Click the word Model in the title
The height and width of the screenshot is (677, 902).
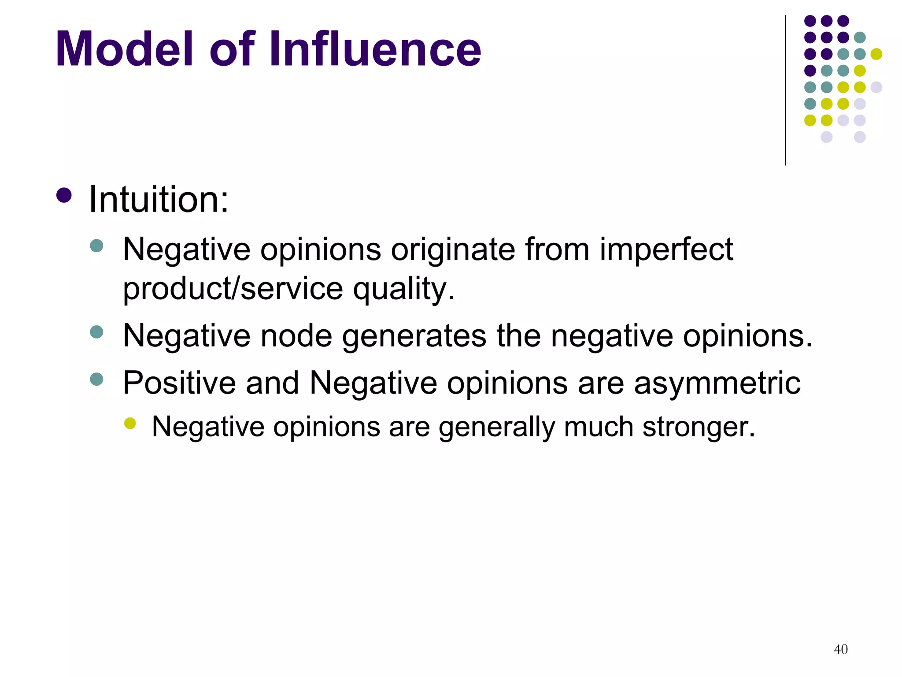click(x=124, y=49)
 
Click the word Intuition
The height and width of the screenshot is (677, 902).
click(x=159, y=200)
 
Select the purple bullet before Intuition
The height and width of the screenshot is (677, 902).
click(x=64, y=195)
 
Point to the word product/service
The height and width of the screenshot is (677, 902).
click(x=233, y=289)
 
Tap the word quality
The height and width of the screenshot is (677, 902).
click(x=403, y=290)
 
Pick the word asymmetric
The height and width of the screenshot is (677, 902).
click(x=717, y=383)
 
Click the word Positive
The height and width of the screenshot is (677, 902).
click(x=179, y=383)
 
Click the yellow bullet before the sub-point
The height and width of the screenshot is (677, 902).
click(x=130, y=423)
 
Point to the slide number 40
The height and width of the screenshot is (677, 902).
click(x=841, y=649)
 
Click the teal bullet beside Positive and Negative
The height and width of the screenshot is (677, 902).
click(x=96, y=379)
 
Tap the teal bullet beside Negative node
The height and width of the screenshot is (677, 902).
click(x=96, y=332)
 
